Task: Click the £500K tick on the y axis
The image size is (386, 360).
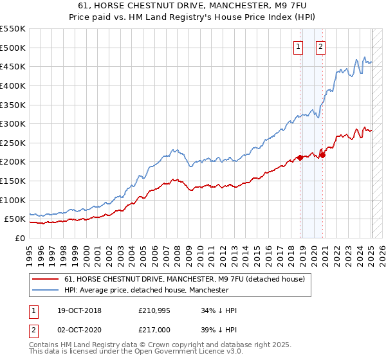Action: (x=12, y=48)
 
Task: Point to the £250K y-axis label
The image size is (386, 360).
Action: (x=12, y=143)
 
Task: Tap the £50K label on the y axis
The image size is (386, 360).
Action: (x=15, y=219)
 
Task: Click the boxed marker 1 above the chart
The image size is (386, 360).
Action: (x=299, y=46)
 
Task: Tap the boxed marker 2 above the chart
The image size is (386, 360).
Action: (x=320, y=46)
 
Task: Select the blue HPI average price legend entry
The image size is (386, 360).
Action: (x=146, y=290)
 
